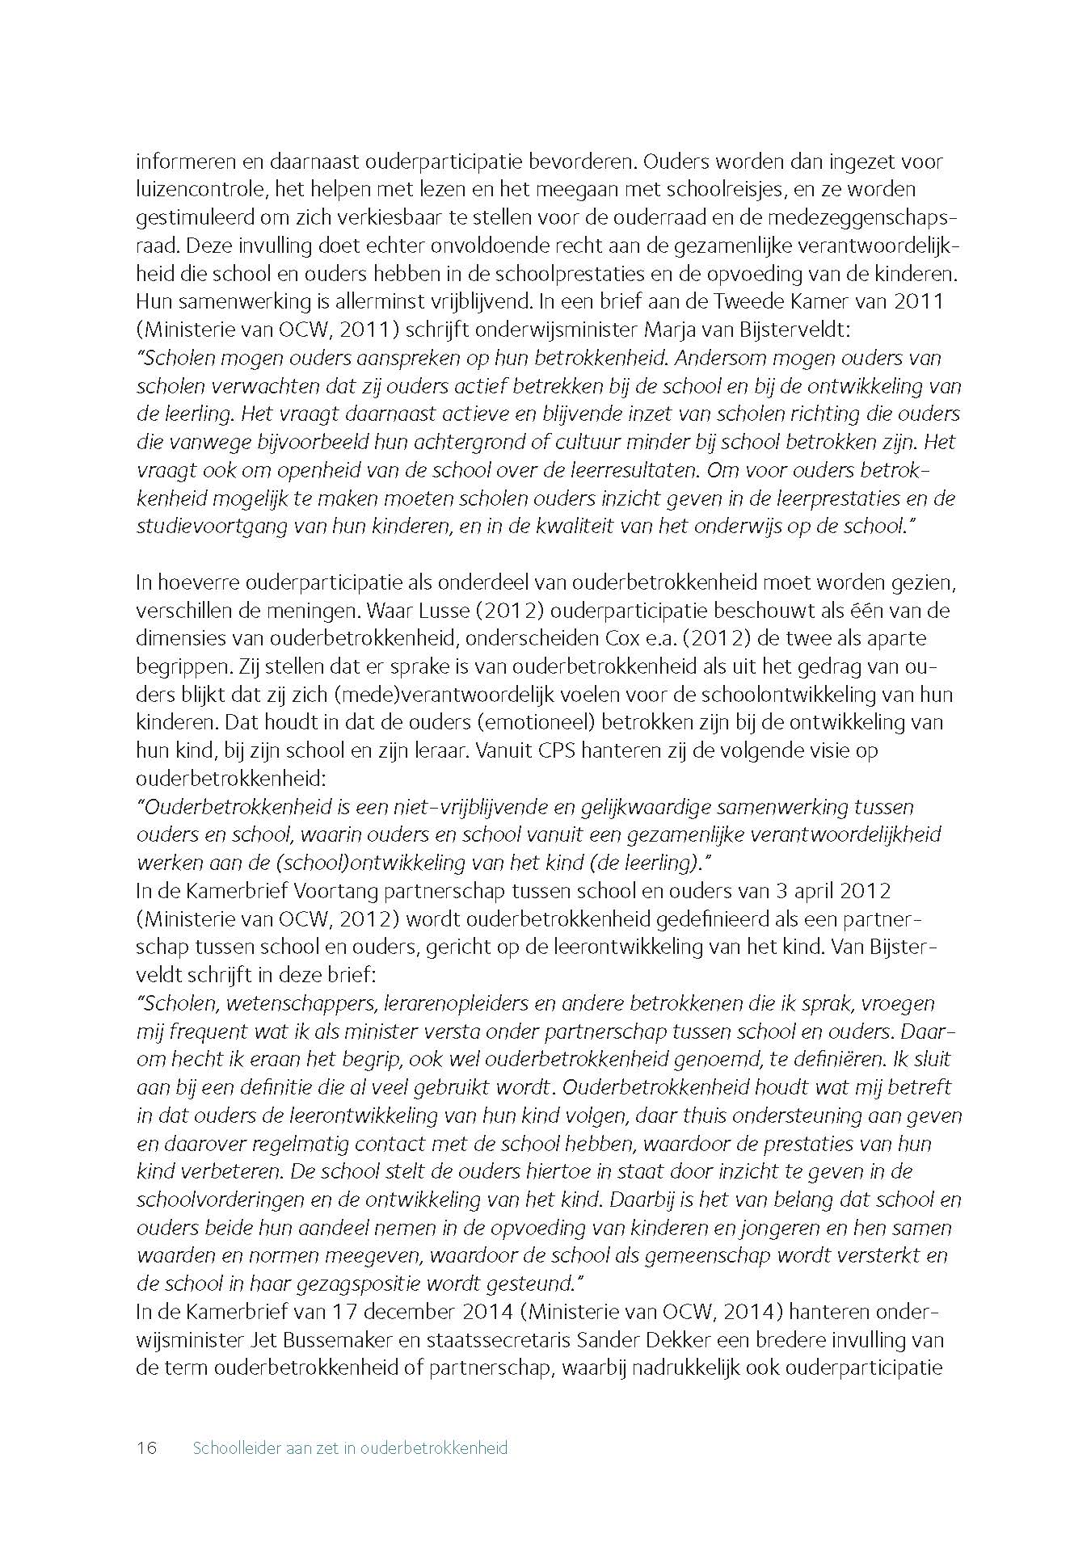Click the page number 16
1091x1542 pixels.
click(146, 1447)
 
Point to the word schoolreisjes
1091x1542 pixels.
click(719, 190)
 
